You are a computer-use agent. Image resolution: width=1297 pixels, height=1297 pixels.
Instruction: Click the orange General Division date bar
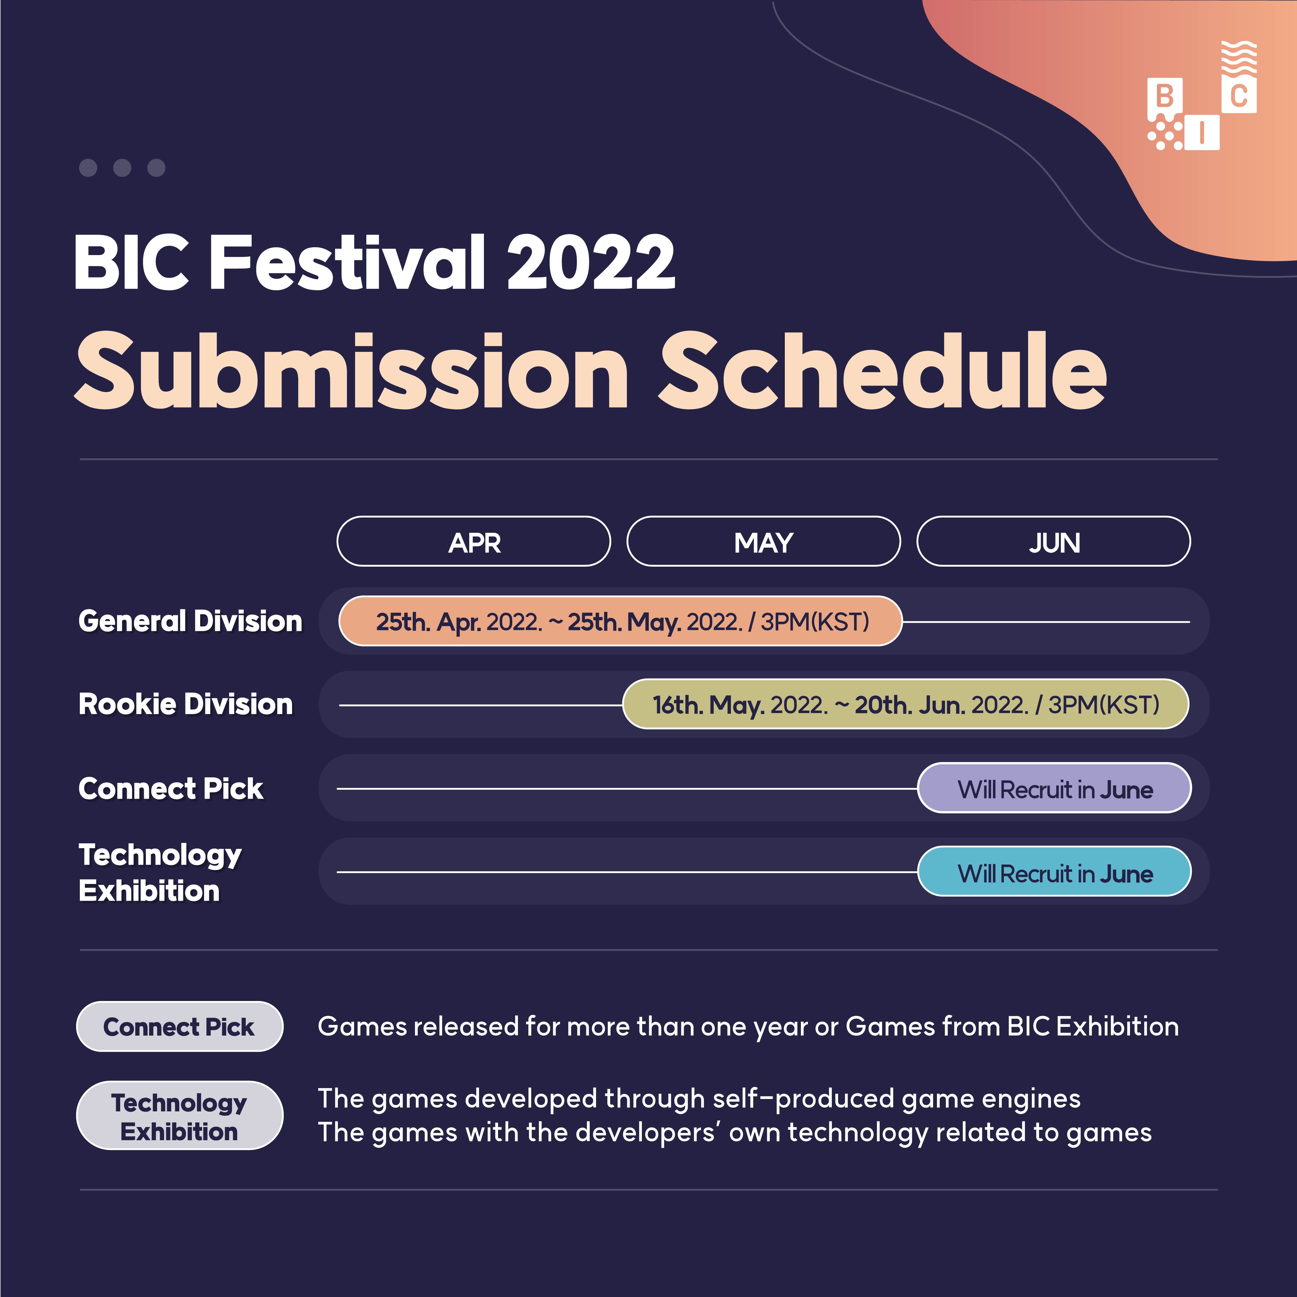[x=620, y=621]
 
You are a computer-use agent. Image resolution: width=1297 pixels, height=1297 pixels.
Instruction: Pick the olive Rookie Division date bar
[x=906, y=704]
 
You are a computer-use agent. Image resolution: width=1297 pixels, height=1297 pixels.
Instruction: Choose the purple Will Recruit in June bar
[x=1054, y=788]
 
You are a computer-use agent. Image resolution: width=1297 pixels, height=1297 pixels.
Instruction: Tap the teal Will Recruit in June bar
[x=1054, y=871]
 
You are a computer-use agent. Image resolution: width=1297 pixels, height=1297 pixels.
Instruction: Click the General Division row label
[x=190, y=621]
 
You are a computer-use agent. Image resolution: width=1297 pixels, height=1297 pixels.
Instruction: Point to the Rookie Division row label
[x=185, y=704]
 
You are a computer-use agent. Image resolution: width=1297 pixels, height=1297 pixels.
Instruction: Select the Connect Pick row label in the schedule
[x=171, y=788]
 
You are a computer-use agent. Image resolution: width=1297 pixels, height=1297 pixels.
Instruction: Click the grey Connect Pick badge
[x=179, y=1026]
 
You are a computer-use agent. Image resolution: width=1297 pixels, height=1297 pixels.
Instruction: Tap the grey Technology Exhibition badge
[x=179, y=1115]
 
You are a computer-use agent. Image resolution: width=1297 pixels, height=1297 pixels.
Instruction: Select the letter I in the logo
[x=1202, y=132]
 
